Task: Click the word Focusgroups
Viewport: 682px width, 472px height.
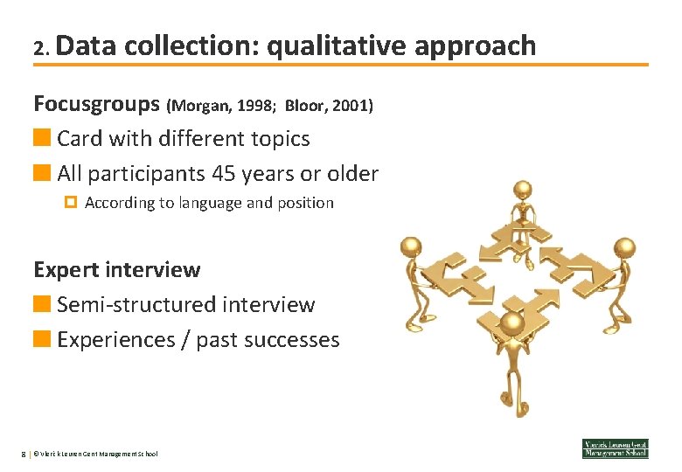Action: coord(96,104)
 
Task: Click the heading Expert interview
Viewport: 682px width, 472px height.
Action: coord(116,270)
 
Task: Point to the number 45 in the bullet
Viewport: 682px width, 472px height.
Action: coord(224,174)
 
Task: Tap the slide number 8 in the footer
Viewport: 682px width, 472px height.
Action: coord(24,454)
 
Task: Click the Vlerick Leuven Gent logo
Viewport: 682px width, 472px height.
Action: coord(615,448)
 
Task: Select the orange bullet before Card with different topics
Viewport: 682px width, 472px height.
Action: coord(41,138)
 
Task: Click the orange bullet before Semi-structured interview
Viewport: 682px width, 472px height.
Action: coord(41,304)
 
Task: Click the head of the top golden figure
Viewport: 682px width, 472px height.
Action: coord(523,189)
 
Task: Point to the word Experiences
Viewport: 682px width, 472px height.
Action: coord(115,340)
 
